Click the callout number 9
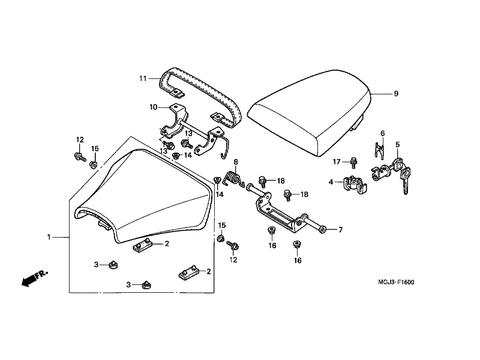click(396, 94)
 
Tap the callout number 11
click(143, 79)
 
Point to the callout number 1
click(49, 237)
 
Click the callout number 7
click(340, 230)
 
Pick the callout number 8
click(236, 162)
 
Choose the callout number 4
click(331, 181)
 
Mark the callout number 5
click(397, 145)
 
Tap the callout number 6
click(382, 133)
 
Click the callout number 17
click(337, 161)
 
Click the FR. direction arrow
click(34, 278)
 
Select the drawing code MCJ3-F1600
click(397, 282)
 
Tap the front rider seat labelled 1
click(144, 198)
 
